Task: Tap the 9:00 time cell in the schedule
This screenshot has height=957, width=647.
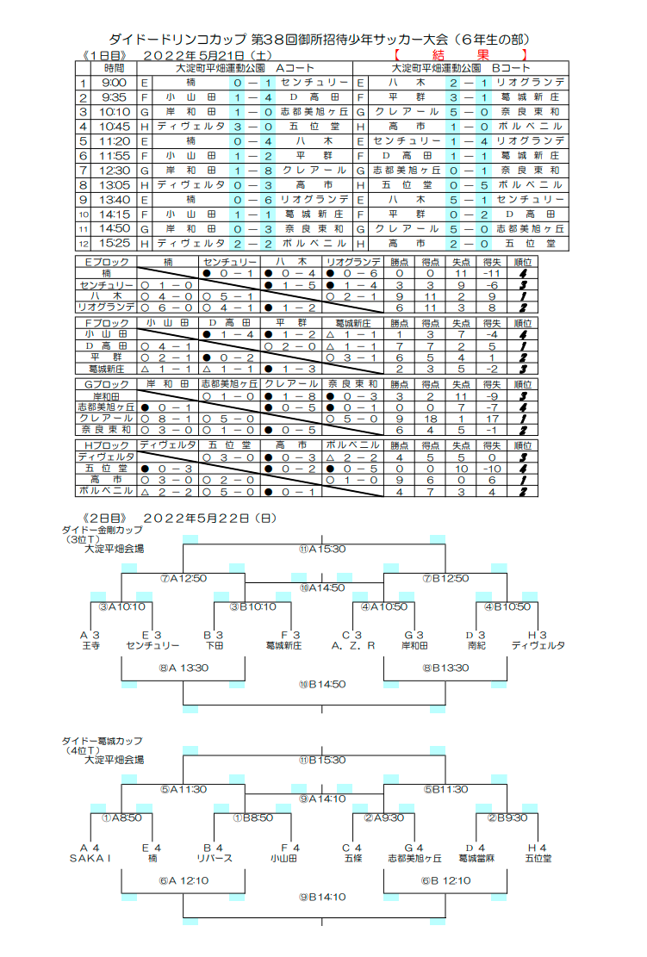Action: tap(114, 83)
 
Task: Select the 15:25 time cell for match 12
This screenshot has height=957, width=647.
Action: tap(114, 244)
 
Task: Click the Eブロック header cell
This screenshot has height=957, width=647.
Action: tap(106, 262)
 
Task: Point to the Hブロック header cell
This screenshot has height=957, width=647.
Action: tap(106, 444)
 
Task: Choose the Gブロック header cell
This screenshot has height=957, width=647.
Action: tap(106, 383)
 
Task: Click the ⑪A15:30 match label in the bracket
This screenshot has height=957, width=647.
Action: tap(322, 549)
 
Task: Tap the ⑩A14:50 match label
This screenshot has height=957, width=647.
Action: tap(322, 587)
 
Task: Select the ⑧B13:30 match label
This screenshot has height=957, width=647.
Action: tap(445, 668)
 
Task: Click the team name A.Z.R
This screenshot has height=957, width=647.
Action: tap(353, 644)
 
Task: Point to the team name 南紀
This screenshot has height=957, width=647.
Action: tap(476, 644)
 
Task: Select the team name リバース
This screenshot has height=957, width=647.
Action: tap(215, 858)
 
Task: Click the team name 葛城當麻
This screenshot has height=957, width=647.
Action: tap(476, 858)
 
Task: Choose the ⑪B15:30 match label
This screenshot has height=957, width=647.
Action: tap(322, 760)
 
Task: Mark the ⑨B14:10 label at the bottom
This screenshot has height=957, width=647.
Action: tap(322, 897)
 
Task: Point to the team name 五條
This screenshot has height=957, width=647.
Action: tap(353, 858)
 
